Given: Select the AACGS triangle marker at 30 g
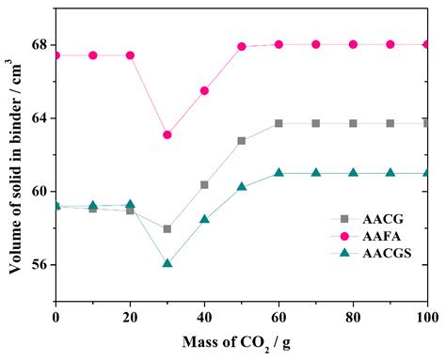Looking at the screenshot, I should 167,263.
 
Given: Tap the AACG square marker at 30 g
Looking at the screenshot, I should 167,228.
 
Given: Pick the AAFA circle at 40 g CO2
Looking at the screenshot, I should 204,90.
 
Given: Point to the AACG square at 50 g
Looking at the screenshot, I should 242,141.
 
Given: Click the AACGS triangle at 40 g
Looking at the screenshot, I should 204,219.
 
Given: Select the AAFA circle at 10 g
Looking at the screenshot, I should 93,55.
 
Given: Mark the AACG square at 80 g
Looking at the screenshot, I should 353,123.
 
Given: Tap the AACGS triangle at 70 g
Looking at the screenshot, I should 316,173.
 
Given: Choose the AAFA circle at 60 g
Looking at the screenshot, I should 279,44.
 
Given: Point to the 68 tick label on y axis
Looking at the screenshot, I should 40,45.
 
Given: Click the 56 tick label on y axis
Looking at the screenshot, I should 40,265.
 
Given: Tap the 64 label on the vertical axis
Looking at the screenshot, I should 40,118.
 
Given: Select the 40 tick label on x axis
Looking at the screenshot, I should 204,317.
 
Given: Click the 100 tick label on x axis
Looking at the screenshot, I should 425,317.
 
